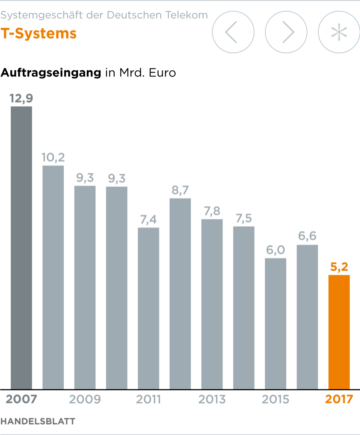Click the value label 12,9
coord(21,99)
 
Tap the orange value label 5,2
coord(339,267)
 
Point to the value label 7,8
coord(212,211)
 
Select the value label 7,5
coord(244,219)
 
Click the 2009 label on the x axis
coord(85,399)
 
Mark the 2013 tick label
coord(212,399)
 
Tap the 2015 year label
coord(276,399)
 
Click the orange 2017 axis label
coord(339,399)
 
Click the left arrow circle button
coord(233,32)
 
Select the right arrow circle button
coord(286,32)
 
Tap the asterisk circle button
coord(339,32)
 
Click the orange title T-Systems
coord(39,34)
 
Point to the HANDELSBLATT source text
coord(38,421)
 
